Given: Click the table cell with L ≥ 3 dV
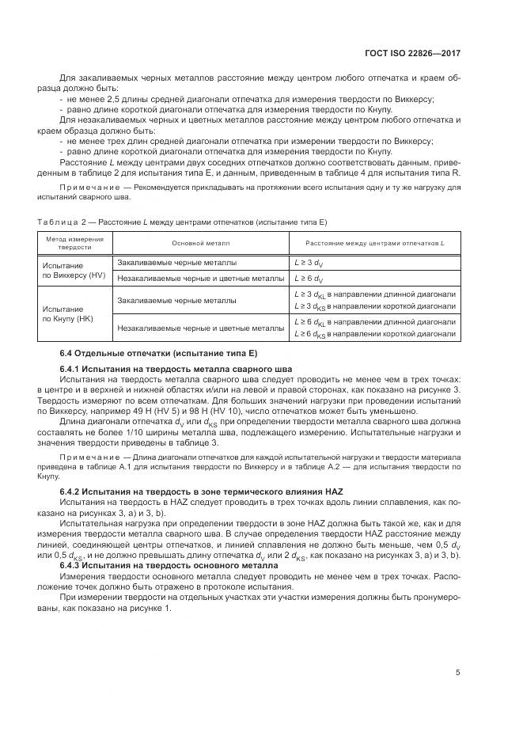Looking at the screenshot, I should (x=308, y=262).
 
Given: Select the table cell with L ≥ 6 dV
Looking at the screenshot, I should (x=308, y=279).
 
